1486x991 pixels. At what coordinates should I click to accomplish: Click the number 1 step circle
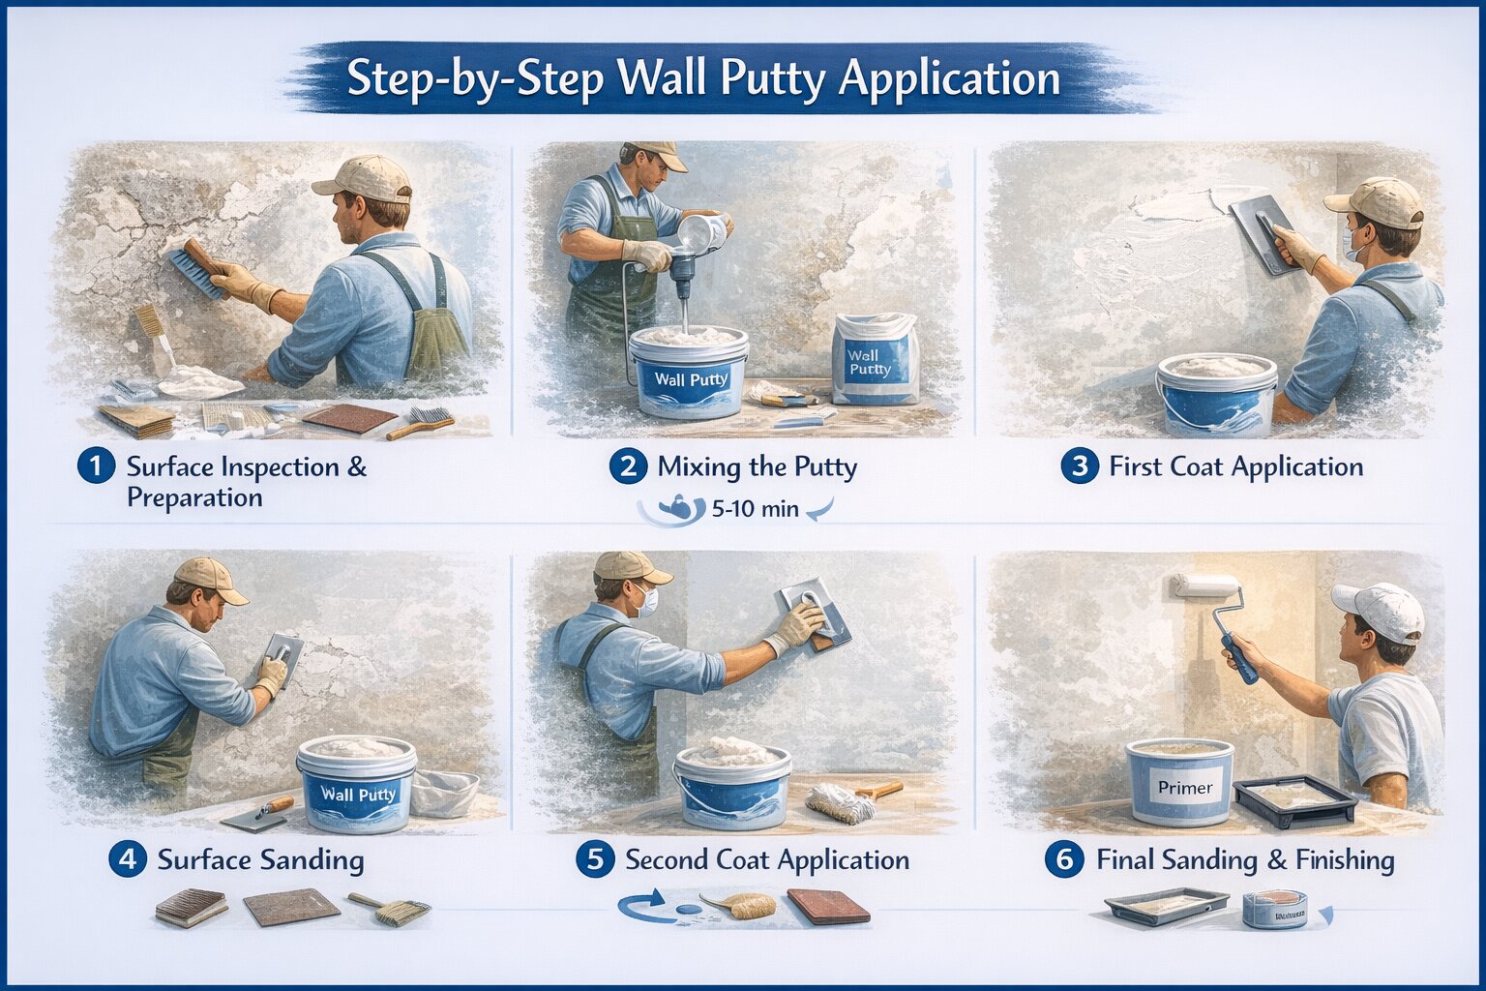pos(96,466)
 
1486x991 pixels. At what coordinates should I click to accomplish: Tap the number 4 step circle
pos(127,859)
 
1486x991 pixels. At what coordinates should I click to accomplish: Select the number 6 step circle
pos(1064,859)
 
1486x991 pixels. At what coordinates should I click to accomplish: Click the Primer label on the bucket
pos(1184,787)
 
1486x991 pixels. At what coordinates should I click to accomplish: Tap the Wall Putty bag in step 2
pos(874,360)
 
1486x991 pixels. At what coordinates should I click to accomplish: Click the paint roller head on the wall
pos(1205,586)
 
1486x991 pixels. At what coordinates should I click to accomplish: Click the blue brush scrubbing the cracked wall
pos(197,271)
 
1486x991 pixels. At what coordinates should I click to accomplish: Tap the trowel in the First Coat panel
pos(1262,232)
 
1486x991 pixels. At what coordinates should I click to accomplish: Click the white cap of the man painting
pos(1380,609)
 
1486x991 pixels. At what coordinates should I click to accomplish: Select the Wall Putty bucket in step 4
pos(357,784)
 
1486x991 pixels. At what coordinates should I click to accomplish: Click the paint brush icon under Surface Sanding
pos(391,909)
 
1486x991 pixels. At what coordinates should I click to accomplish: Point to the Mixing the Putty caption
pos(757,467)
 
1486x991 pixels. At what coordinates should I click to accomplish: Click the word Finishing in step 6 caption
pos(1345,859)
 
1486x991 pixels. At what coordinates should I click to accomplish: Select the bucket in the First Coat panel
pos(1216,394)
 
